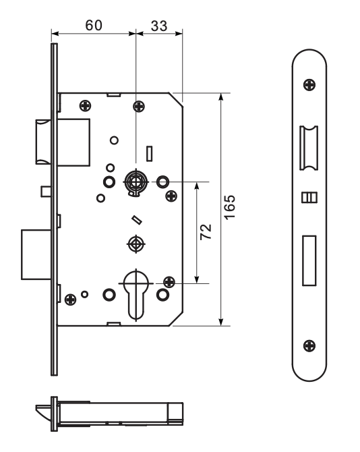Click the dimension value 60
pyautogui.click(x=94, y=26)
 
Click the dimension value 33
pyautogui.click(x=158, y=26)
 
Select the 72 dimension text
pyautogui.click(x=206, y=232)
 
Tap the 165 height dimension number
pyautogui.click(x=230, y=208)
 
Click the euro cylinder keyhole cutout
pyautogui.click(x=136, y=295)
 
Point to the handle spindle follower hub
pyautogui.click(x=136, y=182)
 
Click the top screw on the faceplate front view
pyautogui.click(x=309, y=85)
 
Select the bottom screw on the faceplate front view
pyautogui.click(x=309, y=345)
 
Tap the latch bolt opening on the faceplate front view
pyautogui.click(x=309, y=148)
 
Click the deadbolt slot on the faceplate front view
pyautogui.click(x=309, y=260)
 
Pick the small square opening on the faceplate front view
pyautogui.click(x=309, y=198)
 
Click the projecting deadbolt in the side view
pyautogui.click(x=36, y=254)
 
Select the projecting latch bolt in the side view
pyautogui.click(x=44, y=142)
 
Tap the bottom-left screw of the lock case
pyautogui.click(x=71, y=300)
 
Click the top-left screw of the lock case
pyautogui.click(x=85, y=106)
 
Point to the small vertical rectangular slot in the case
pyautogui.click(x=149, y=154)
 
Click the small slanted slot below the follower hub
pyautogui.click(x=137, y=220)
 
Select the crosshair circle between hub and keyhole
pyautogui.click(x=136, y=244)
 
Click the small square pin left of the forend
pyautogui.click(x=46, y=192)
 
